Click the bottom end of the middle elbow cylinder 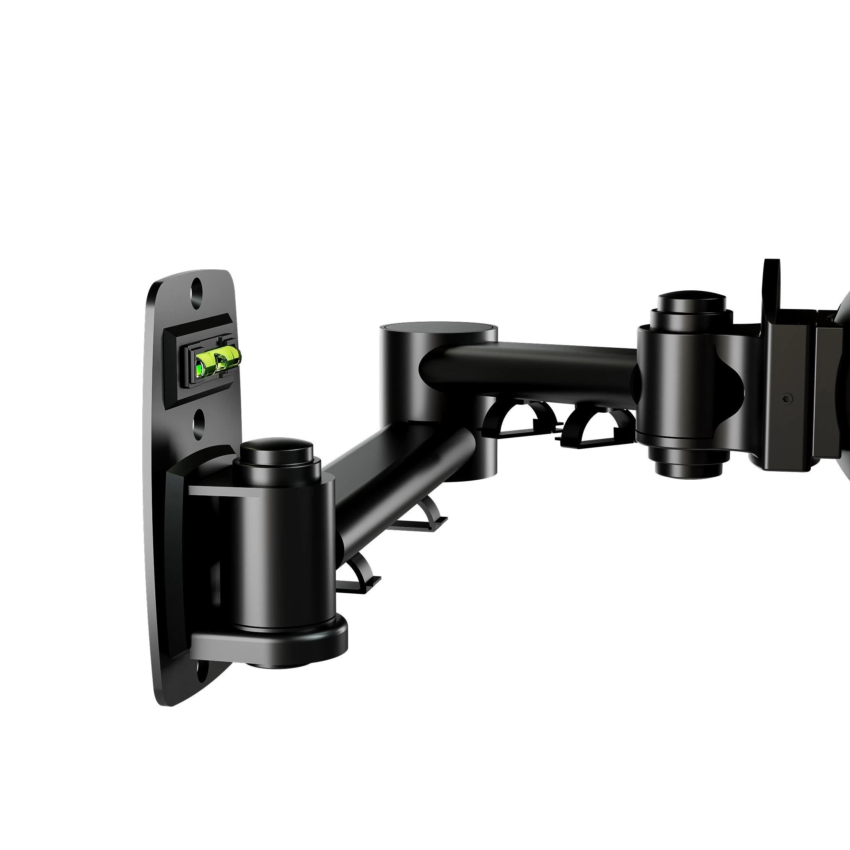[x=469, y=473]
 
